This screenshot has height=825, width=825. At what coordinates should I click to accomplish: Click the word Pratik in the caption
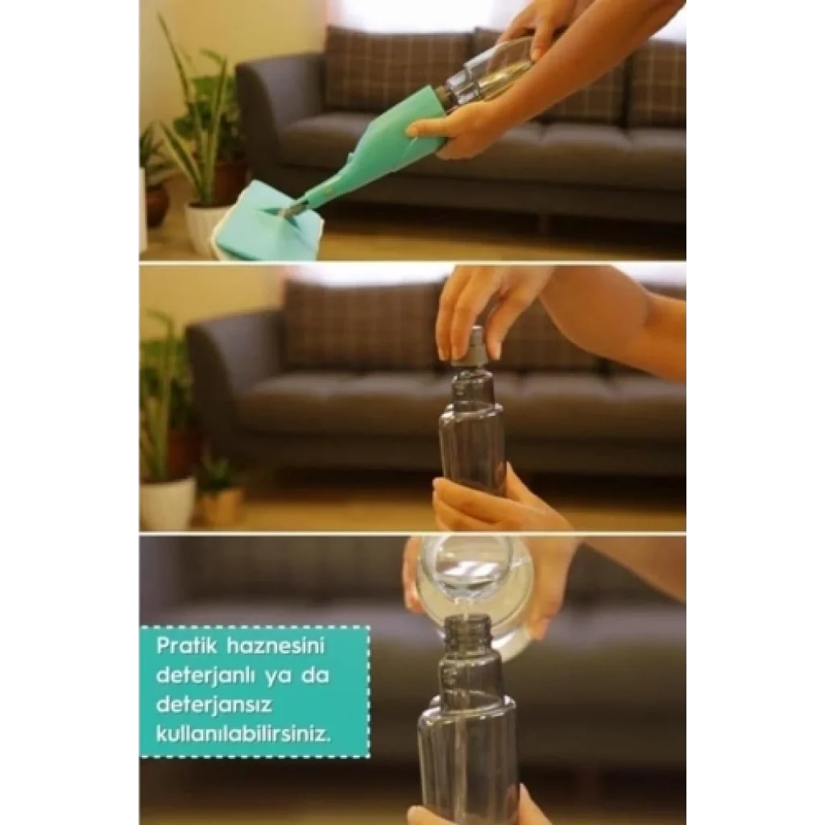[x=187, y=645]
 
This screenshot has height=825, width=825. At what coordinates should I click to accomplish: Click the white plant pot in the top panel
[x=206, y=226]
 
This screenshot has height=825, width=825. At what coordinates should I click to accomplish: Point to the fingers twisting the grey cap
[x=466, y=316]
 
